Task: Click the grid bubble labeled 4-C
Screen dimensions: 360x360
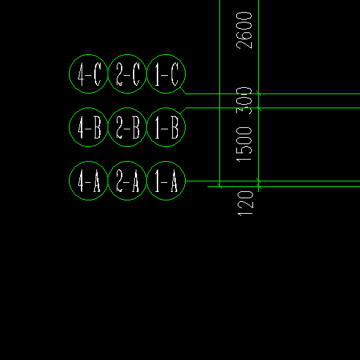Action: point(70,74)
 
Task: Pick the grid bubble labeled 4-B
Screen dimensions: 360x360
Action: point(70,127)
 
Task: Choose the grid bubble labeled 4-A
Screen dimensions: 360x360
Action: point(70,181)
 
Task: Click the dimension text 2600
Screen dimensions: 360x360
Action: point(244,30)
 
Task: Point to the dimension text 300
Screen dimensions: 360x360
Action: point(244,101)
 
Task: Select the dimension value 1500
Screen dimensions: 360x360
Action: point(244,145)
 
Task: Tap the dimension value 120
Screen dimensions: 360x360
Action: point(245,203)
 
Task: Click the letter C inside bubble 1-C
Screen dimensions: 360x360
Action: point(174,75)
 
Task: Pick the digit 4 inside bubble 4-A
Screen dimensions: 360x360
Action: point(81,181)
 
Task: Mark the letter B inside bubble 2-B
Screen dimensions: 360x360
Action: point(136,127)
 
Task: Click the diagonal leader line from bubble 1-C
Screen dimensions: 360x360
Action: point(183,91)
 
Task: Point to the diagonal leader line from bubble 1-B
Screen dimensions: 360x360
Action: point(183,110)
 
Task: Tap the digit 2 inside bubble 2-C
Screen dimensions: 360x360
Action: point(120,75)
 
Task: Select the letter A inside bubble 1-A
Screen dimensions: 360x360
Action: point(174,181)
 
